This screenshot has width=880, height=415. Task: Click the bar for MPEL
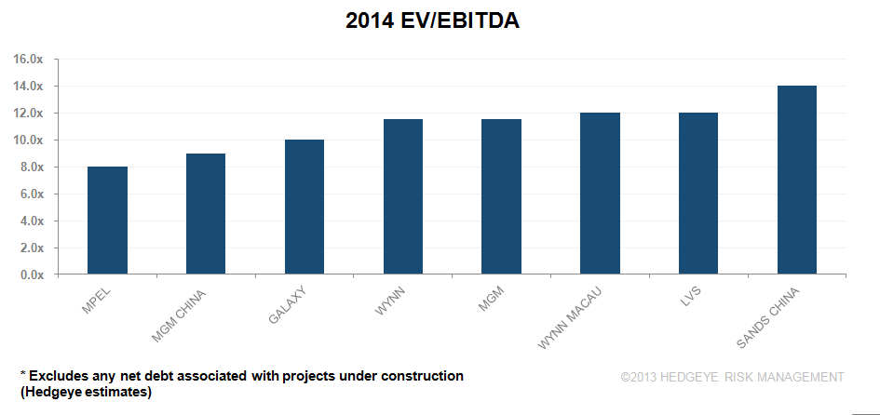[x=107, y=221]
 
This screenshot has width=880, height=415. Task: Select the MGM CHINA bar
[x=206, y=215]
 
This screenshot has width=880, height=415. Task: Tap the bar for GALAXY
[x=305, y=207]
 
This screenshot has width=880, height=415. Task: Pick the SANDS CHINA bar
[x=796, y=181]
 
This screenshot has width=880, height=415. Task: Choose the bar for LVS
[x=697, y=194]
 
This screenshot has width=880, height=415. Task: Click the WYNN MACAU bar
[x=600, y=194]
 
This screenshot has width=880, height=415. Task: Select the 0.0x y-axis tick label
[x=32, y=275]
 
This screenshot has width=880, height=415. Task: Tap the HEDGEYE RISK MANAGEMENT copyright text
[x=732, y=377]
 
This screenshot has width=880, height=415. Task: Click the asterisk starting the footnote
[x=23, y=374]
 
